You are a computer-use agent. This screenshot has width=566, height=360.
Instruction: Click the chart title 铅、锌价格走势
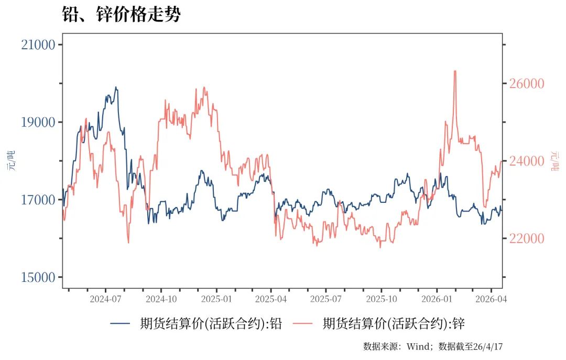click(x=121, y=15)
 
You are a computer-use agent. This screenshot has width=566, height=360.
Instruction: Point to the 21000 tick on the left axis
click(x=38, y=45)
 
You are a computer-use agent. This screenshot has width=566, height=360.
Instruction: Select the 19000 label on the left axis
click(x=38, y=122)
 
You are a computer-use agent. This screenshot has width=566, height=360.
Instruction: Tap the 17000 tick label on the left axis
click(x=38, y=200)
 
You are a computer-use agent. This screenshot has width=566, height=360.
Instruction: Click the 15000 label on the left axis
click(x=38, y=277)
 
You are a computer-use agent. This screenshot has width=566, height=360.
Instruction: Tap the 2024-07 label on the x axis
click(x=105, y=299)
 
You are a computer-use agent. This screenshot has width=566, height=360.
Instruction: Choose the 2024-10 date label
click(x=161, y=299)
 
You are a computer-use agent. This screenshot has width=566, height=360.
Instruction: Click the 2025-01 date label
click(x=216, y=299)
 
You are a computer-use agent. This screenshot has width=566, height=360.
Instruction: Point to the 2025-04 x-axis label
click(x=271, y=299)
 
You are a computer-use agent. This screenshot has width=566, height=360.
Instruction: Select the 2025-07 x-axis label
click(x=326, y=299)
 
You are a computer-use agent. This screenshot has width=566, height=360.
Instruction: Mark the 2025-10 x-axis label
click(x=382, y=299)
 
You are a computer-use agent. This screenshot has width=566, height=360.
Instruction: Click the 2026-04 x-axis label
click(x=491, y=299)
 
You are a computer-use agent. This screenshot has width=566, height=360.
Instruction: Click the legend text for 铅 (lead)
click(x=211, y=324)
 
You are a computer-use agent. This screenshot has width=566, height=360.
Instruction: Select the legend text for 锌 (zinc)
click(x=394, y=324)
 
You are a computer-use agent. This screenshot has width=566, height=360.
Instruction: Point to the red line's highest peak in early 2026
click(x=454, y=71)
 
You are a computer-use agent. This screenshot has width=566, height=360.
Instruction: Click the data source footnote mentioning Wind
click(x=432, y=346)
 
